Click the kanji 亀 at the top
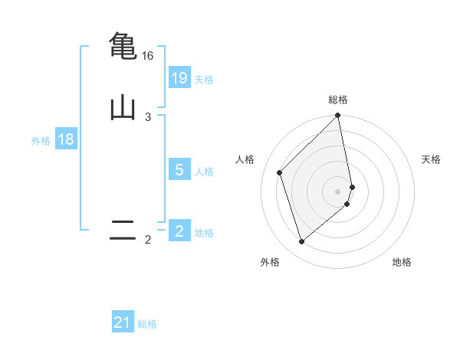coord(123,45)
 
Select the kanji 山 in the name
coord(123,107)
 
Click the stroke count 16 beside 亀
coord(148,56)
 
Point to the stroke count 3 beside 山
coord(148,117)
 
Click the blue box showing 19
coord(179,78)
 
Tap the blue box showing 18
coord(66,139)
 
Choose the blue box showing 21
coord(123,322)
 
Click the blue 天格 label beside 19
coord(204,80)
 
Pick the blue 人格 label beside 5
coord(204,171)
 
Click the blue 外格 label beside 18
coord(41,141)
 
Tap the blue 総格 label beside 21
coord(147,324)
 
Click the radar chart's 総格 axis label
coord(338,100)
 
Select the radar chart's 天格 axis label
coord(431,159)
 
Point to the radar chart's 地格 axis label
coord(402,262)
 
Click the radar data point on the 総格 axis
coord(338,116)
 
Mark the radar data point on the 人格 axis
coord(280,172)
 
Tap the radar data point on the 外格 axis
coord(301,242)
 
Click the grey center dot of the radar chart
coord(338,191)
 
